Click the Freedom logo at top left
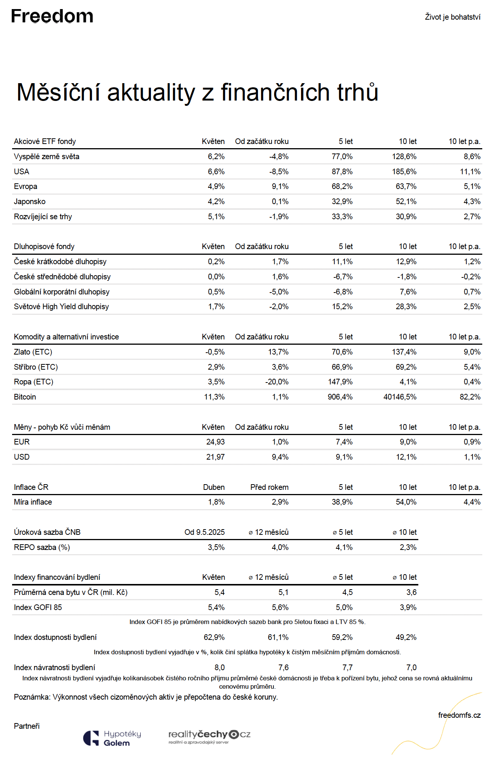click(52, 16)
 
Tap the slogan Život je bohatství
click(453, 17)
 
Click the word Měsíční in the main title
click(59, 92)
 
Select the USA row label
click(22, 172)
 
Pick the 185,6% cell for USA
click(404, 172)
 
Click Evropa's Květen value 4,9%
click(216, 186)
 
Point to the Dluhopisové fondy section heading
click(44, 246)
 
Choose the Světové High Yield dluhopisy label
click(61, 307)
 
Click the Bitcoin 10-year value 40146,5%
click(400, 397)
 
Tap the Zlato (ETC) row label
click(33, 352)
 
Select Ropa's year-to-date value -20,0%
click(277, 382)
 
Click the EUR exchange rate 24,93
click(216, 442)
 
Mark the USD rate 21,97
click(216, 457)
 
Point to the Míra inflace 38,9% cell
click(342, 502)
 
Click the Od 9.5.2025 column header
click(205, 532)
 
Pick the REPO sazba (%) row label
click(42, 547)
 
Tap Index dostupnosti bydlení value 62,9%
click(214, 637)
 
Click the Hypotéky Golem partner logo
click(112, 738)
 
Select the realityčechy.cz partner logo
click(210, 737)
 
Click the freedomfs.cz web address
click(460, 715)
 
